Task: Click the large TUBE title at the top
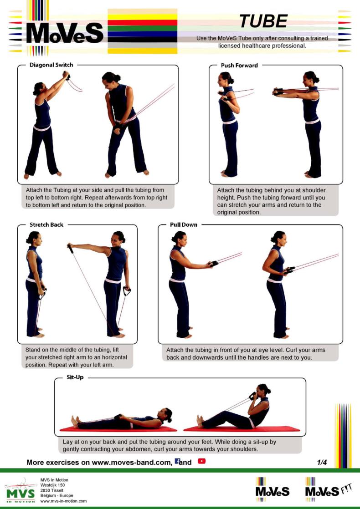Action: [x=263, y=21]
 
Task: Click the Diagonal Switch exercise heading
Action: [x=51, y=65]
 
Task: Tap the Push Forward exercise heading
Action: [x=239, y=66]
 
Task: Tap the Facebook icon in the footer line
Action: [x=177, y=461]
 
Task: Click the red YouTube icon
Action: [x=201, y=461]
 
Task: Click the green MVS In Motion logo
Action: [x=20, y=491]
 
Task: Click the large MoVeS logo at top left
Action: [x=65, y=33]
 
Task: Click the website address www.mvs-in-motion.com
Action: [x=63, y=501]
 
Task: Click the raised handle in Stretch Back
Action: [x=70, y=249]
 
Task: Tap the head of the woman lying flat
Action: [x=167, y=414]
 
